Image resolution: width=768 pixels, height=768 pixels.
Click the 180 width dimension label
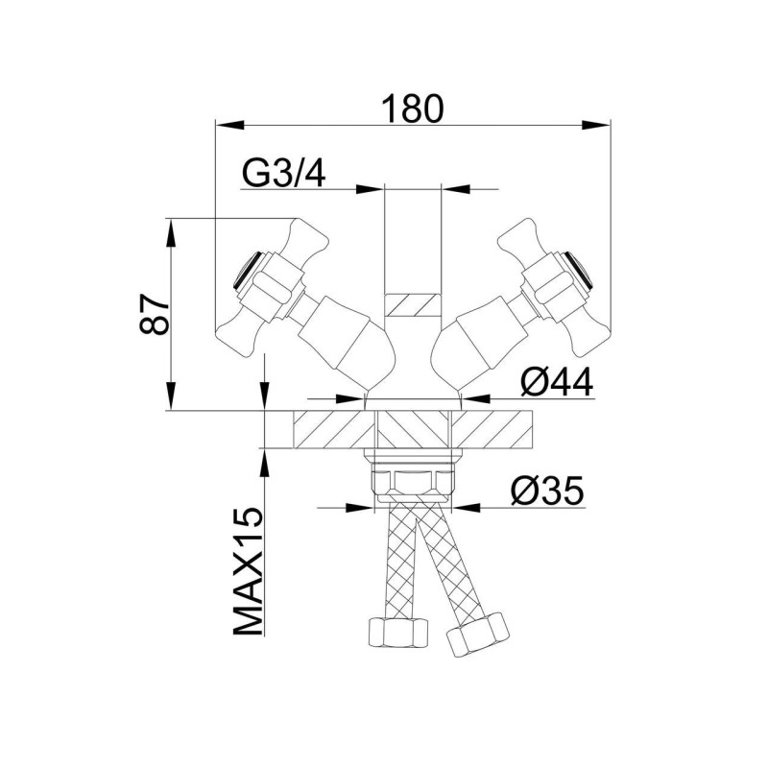coord(413,108)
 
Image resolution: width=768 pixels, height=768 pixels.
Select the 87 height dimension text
coord(155,314)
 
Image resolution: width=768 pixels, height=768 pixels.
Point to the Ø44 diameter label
coord(557,382)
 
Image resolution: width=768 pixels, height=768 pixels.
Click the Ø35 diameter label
coord(547,491)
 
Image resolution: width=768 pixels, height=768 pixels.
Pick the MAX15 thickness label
coord(248,571)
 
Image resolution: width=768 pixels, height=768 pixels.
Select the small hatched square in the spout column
coord(413,304)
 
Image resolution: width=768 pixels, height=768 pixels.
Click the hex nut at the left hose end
coord(397,633)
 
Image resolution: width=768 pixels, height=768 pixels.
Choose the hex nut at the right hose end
coord(476,636)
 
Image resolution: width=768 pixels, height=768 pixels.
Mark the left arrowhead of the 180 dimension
coord(230,125)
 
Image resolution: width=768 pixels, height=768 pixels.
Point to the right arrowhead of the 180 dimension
coord(595,125)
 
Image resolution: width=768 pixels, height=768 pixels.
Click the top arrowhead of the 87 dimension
coord(171,233)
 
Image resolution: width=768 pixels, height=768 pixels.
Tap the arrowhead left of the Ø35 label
coord(359,508)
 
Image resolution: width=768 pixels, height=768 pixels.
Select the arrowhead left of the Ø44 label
coord(350,397)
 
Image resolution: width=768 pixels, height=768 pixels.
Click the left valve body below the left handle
coord(347,333)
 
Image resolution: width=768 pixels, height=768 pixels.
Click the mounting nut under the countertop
coord(413,483)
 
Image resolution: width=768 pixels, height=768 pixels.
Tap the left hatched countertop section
coord(334,429)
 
